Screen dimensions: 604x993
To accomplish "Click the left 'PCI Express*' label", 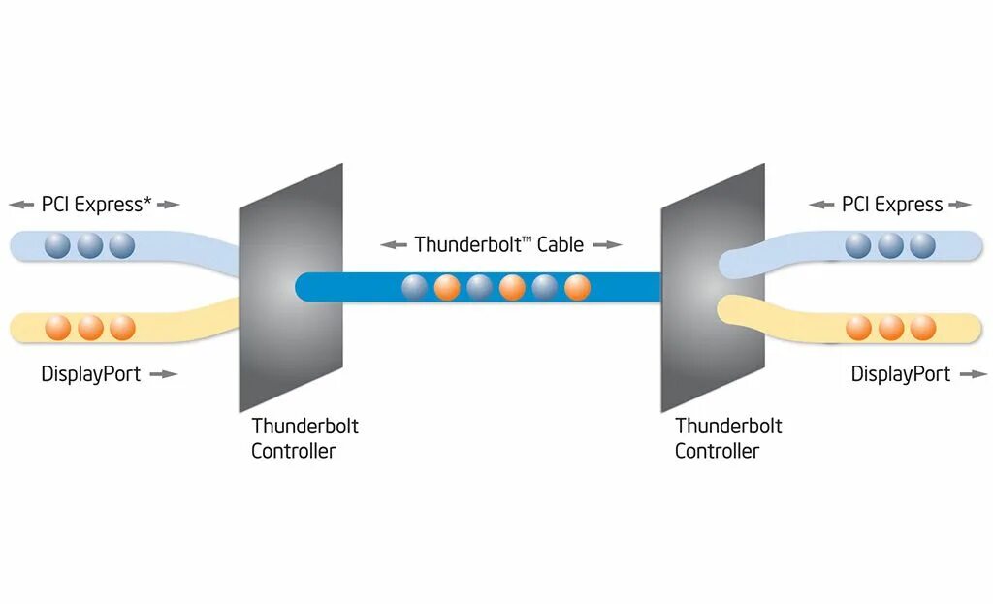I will [96, 205].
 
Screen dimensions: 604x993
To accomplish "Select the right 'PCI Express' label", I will [892, 205].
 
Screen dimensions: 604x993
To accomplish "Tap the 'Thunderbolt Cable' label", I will [499, 244].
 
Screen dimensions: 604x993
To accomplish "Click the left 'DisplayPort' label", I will [91, 374].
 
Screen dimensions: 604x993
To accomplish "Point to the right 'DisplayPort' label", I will [901, 374].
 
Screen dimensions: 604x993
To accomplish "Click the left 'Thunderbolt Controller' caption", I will [304, 438].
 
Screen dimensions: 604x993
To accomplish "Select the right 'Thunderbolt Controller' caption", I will [728, 438].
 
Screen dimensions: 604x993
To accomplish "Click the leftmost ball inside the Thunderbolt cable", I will [415, 287].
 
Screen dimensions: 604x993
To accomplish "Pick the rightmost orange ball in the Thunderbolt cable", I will [577, 287].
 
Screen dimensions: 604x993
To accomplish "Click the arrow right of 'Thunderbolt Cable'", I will [607, 245].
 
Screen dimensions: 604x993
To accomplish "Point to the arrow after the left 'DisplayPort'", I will [165, 374].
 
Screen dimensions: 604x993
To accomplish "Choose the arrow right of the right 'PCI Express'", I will [960, 205].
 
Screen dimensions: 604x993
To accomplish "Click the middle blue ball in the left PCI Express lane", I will [89, 245].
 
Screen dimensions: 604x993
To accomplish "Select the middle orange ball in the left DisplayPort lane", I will [90, 327].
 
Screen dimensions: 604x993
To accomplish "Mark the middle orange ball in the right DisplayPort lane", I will [890, 327].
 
